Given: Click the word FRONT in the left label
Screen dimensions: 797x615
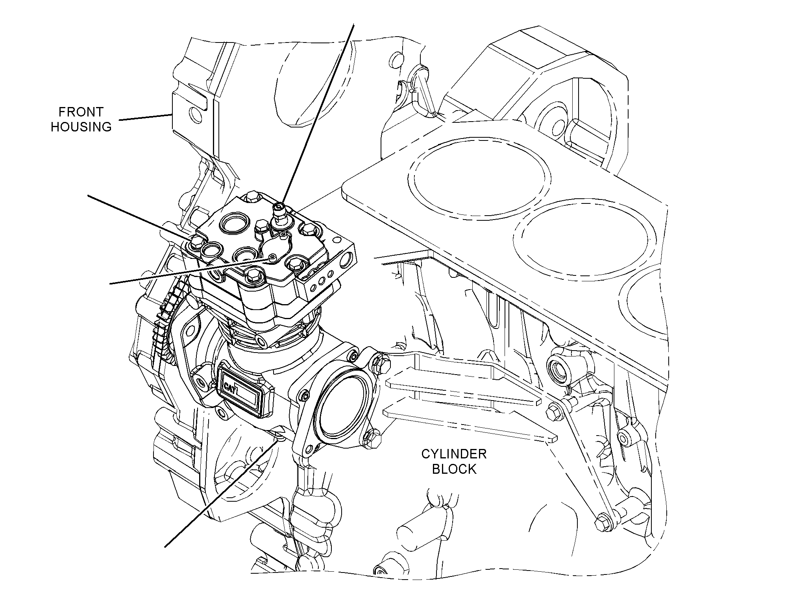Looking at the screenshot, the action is tap(81, 112).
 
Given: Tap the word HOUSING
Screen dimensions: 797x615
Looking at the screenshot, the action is tap(81, 127).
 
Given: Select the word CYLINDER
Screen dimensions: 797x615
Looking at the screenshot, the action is tap(454, 454).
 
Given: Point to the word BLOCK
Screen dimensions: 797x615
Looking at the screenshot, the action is tap(454, 469).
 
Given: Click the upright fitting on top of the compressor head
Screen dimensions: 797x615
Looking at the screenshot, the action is tap(280, 216).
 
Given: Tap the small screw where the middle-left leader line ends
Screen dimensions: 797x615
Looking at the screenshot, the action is tap(271, 257).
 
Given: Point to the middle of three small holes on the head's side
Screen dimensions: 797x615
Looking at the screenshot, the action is tap(322, 281).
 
